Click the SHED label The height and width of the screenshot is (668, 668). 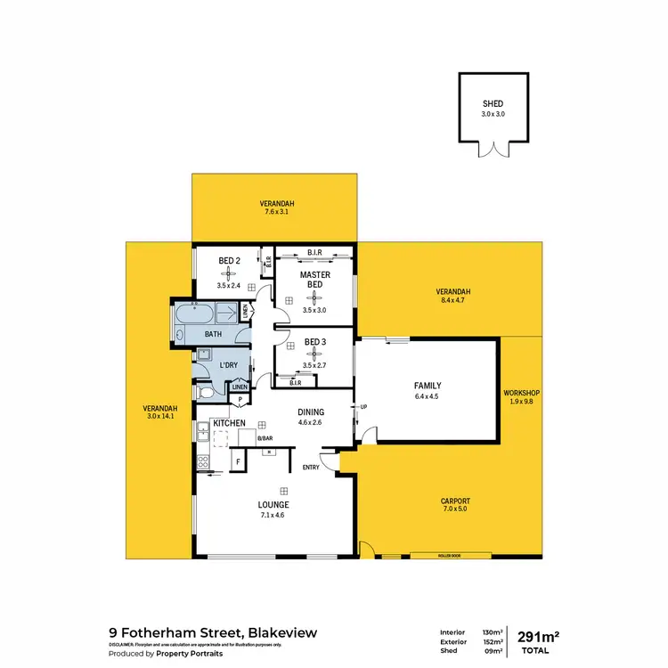tap(492, 103)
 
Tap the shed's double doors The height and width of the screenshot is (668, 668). tap(492, 149)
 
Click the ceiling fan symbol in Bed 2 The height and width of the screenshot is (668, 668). tap(231, 273)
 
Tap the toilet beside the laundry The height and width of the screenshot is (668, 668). tap(204, 391)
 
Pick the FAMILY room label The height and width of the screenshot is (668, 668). tap(428, 386)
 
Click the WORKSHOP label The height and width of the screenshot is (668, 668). tap(522, 393)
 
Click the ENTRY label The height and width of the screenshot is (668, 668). tap(311, 468)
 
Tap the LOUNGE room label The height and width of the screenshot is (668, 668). tap(274, 505)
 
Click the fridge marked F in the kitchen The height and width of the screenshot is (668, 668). tap(238, 461)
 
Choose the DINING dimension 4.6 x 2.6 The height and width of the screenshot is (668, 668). tap(311, 422)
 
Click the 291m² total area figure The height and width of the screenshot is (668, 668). tap(538, 635)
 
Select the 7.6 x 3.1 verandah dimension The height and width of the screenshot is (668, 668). tap(278, 212)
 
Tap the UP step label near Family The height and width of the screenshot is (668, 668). tap(364, 407)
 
